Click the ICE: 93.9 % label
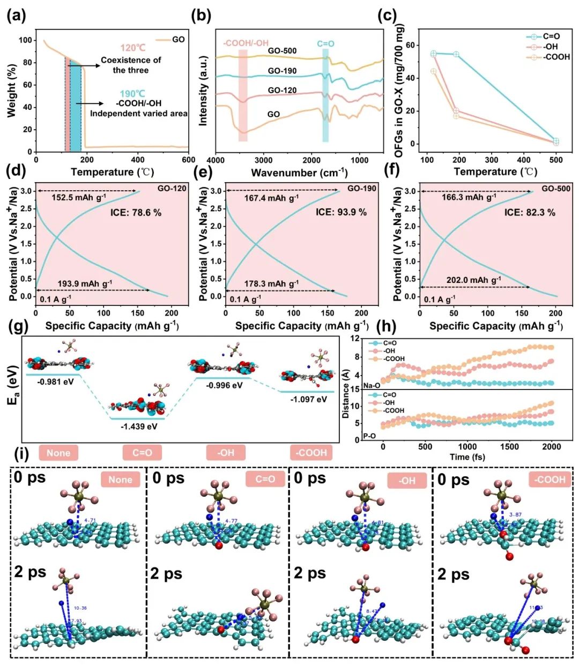pos(341,212)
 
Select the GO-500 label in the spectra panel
pos(282,51)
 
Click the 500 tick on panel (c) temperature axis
pos(556,160)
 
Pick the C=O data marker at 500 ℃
pos(556,141)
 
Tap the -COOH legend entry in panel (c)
pos(556,57)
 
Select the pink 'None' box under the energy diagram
pos(58,453)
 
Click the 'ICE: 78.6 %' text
pos(136,212)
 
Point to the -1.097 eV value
pos(308,399)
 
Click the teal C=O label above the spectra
pos(325,43)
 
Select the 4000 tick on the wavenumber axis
pos(216,160)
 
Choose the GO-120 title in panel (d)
pos(172,189)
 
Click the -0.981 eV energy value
pos(56,382)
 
